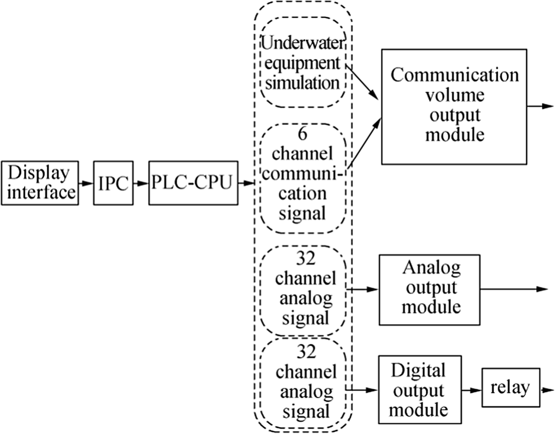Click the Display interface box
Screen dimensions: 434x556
click(39, 183)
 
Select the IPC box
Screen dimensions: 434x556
click(113, 183)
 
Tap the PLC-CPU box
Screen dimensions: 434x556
click(192, 183)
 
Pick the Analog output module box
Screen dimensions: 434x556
click(429, 289)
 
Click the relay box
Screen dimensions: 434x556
click(510, 388)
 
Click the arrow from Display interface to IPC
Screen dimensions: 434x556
click(85, 183)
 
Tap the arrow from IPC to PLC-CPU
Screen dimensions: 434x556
click(141, 183)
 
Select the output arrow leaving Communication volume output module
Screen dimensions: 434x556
click(540, 106)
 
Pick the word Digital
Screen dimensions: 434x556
click(418, 370)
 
